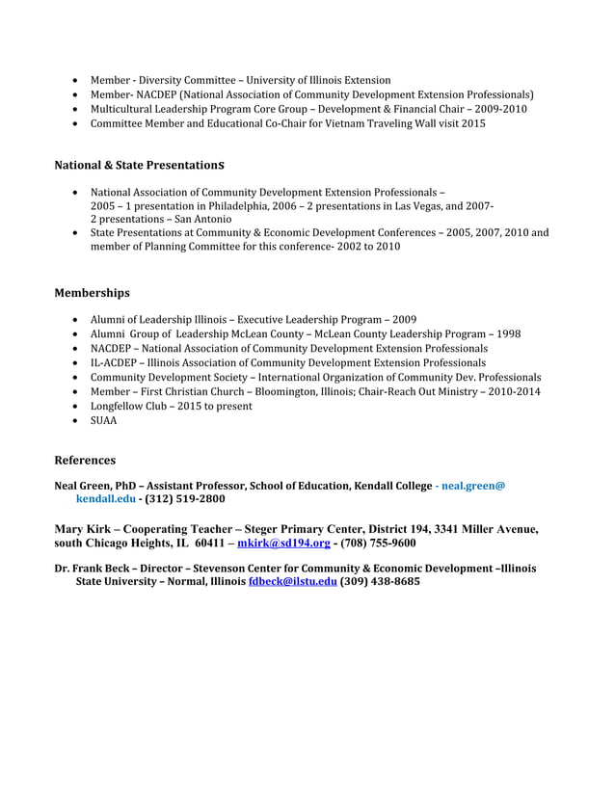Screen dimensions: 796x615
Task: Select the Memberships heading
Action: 92,292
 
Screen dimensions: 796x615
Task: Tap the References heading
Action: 85,461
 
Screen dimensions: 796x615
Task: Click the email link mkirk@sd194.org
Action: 277,544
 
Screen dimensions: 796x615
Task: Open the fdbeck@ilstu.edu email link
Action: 292,583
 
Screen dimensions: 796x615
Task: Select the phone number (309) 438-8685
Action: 380,583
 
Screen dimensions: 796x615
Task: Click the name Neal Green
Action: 85,486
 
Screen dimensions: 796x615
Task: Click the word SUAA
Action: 104,421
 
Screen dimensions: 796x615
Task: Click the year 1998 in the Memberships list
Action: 507,334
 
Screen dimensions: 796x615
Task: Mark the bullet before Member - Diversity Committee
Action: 77,80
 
